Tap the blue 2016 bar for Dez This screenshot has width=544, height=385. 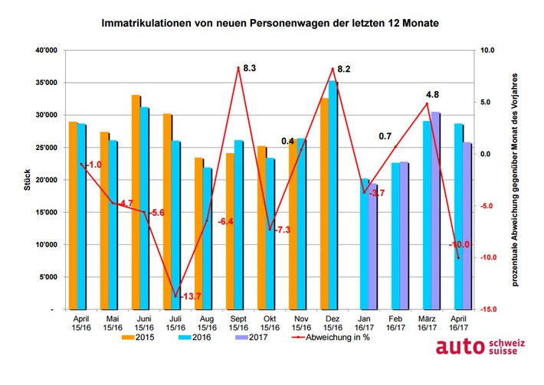[333, 195]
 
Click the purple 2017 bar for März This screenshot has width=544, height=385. [435, 210]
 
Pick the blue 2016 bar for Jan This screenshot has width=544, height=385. [364, 244]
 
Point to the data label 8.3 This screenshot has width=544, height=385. [249, 69]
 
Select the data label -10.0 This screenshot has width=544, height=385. [458, 244]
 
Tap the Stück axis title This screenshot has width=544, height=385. [27, 180]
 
